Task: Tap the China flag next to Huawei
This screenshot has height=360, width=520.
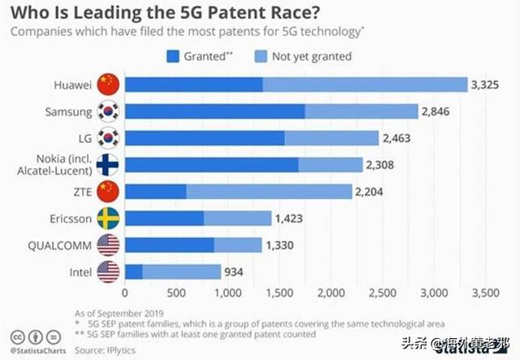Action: click(107, 84)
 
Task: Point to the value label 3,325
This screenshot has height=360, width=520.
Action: click(492, 84)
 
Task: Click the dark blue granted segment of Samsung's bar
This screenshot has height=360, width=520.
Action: click(214, 111)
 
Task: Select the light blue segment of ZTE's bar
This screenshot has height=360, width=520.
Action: click(269, 191)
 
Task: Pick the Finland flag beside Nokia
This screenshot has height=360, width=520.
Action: click(107, 164)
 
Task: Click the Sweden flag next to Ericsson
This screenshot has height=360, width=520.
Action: click(107, 218)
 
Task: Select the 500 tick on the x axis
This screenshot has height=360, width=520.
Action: click(175, 292)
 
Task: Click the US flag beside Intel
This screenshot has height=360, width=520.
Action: click(107, 271)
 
